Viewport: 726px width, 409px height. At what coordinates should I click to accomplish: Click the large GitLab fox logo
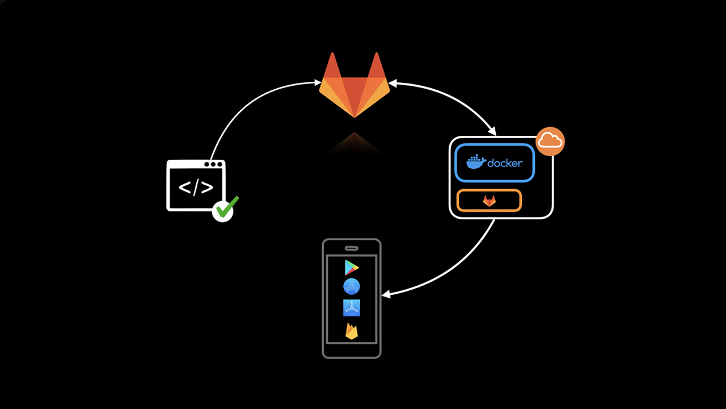(354, 88)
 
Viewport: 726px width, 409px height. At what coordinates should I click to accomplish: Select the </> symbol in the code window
(196, 188)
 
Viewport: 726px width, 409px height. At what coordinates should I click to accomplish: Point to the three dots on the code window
(213, 165)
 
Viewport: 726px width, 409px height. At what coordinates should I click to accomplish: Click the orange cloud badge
(550, 141)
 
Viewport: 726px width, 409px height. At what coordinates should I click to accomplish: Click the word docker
(505, 163)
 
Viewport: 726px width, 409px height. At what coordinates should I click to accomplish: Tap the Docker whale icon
(475, 162)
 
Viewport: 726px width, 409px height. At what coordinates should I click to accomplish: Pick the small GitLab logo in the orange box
(489, 201)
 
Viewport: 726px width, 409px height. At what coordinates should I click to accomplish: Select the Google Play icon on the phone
(352, 267)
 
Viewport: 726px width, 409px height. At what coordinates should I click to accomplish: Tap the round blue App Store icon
(352, 287)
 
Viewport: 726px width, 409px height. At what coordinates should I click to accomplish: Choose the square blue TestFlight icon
(352, 308)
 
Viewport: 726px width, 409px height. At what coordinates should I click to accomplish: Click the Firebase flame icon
(352, 331)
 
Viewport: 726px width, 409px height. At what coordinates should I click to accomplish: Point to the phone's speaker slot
(352, 248)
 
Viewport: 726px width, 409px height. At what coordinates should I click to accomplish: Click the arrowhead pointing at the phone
(386, 295)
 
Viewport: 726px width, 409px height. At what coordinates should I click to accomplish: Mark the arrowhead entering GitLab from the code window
(318, 83)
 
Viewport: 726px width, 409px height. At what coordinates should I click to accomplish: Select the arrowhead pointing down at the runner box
(493, 132)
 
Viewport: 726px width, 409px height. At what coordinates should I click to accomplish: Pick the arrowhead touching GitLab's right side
(392, 85)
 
